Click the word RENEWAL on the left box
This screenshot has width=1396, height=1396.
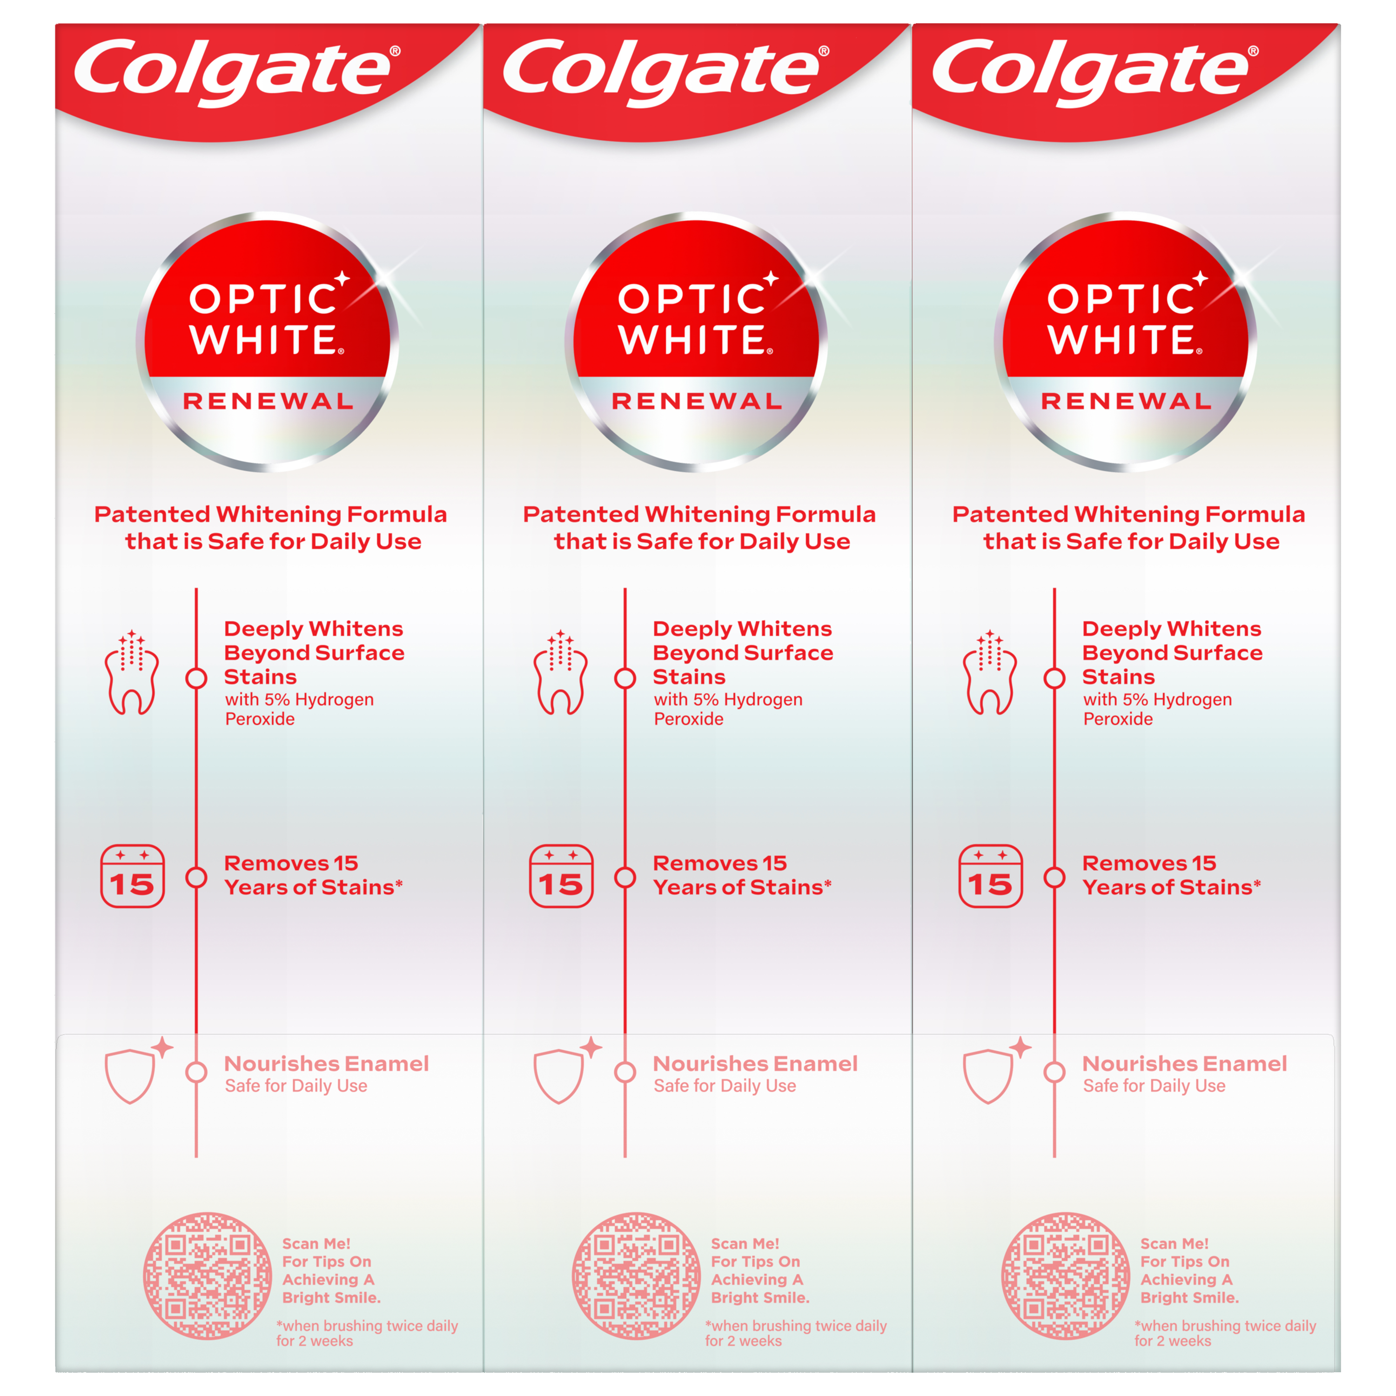pos(268,401)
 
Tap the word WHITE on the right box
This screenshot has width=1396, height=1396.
pos(1122,340)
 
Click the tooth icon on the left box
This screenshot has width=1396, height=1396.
pos(132,672)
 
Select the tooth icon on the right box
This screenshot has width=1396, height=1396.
pos(990,672)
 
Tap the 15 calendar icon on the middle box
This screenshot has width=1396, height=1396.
pos(562,876)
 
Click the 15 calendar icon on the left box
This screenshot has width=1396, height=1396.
pos(132,876)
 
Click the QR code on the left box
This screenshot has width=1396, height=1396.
pos(208,1275)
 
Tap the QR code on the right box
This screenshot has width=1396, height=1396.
pos(1066,1275)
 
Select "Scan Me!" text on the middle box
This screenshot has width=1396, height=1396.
pos(745,1243)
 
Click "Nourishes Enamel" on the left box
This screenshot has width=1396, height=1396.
pos(327,1064)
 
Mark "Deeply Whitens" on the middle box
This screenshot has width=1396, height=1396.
pos(742,629)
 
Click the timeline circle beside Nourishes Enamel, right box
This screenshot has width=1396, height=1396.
pos(1054,1072)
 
